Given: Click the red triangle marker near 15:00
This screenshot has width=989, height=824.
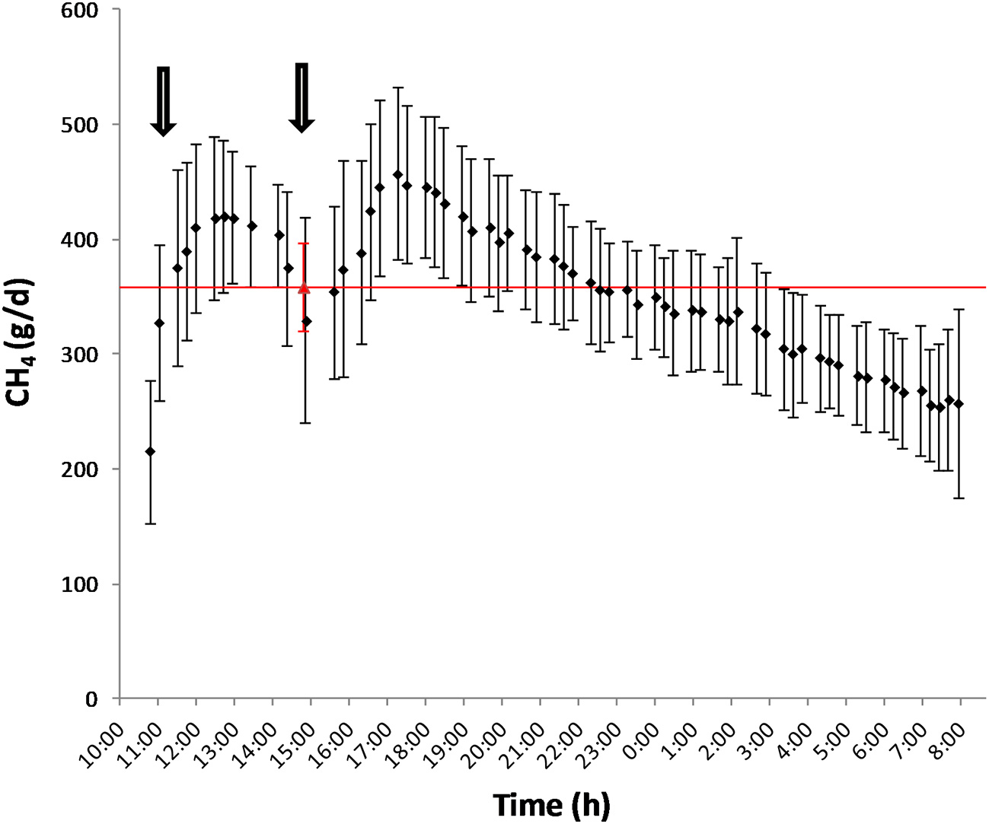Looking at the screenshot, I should point(304,288).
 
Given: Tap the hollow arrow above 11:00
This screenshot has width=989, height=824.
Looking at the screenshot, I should point(162,101).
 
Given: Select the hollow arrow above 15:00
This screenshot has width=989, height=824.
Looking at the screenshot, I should point(302,98).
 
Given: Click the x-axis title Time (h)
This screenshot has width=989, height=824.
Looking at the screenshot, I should point(550,804).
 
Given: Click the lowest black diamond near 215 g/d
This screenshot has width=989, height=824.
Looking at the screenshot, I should point(150,452).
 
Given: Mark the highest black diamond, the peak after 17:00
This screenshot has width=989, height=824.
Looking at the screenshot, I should point(397,174).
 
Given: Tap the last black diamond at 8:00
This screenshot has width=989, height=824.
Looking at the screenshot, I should point(959,404).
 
